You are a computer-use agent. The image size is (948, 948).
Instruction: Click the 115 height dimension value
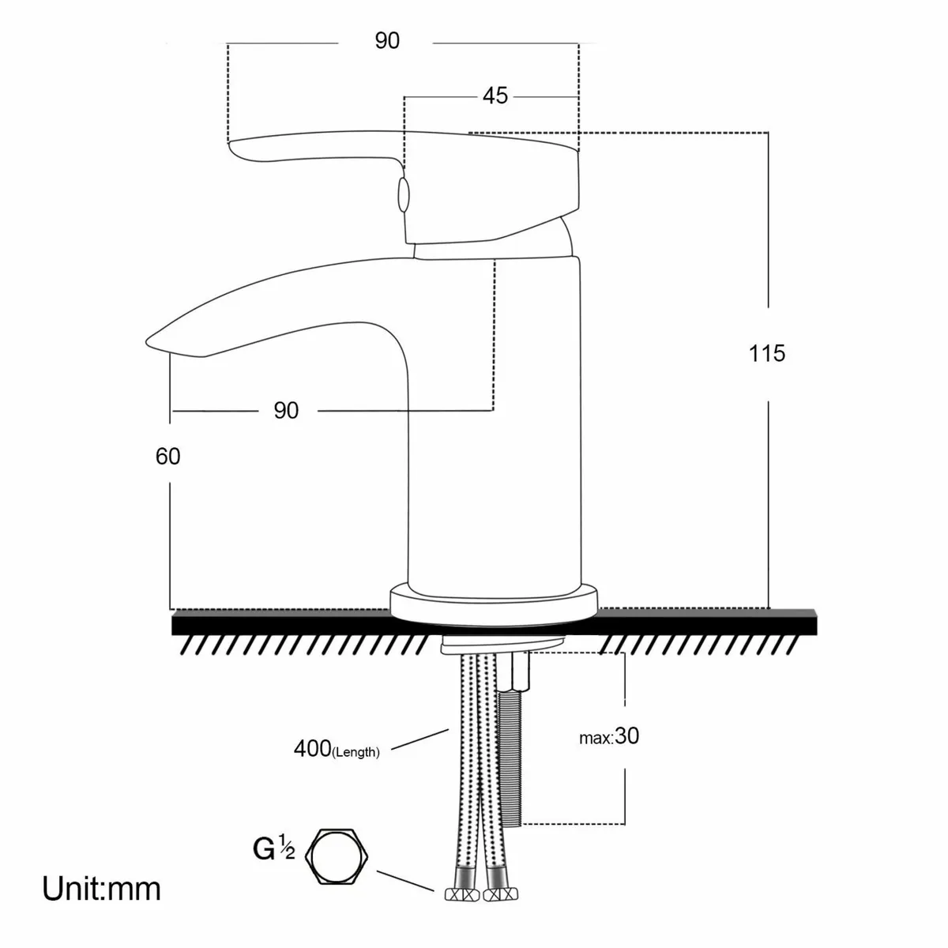click(767, 353)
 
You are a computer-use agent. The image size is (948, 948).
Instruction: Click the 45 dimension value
click(495, 96)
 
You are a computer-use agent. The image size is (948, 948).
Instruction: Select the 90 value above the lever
click(387, 41)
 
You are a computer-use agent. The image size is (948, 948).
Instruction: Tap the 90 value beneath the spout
click(286, 411)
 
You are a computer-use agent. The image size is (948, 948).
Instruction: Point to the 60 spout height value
click(167, 457)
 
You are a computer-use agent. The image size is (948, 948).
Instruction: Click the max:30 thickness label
click(609, 736)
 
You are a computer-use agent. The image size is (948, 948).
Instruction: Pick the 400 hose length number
click(311, 747)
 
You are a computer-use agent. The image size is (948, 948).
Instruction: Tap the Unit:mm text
click(101, 890)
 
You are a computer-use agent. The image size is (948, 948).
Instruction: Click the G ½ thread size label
click(273, 850)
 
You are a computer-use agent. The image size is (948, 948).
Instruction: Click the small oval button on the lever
click(402, 194)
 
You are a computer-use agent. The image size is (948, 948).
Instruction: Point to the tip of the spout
click(150, 341)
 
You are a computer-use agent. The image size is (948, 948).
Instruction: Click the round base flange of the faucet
click(494, 600)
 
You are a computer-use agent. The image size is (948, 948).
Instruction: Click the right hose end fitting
click(497, 893)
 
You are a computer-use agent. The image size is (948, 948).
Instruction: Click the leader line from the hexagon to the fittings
click(407, 882)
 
